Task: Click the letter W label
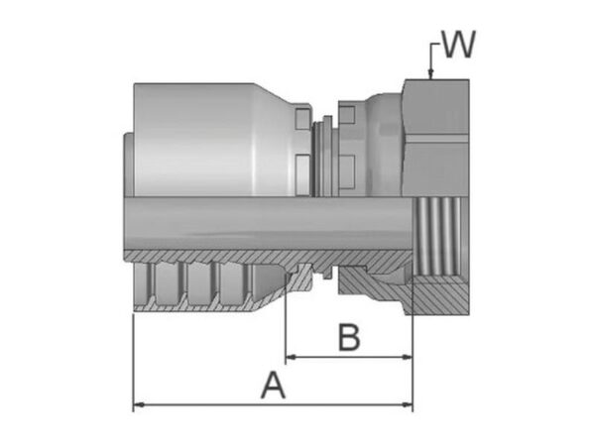pos(459,45)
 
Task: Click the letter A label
pos(273,386)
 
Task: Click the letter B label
pos(349,337)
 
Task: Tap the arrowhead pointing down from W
pos(430,74)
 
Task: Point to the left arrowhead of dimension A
pos(139,405)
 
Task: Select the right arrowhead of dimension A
pos(408,405)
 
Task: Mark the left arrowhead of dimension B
pos(291,357)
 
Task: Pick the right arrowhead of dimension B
pos(407,357)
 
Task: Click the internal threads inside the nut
pos(439,237)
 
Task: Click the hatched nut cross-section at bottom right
pos(440,295)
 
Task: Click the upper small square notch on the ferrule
pos(302,119)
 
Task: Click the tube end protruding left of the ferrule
pos(129,164)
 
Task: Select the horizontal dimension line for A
pos(273,405)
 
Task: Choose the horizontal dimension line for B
pos(349,357)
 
